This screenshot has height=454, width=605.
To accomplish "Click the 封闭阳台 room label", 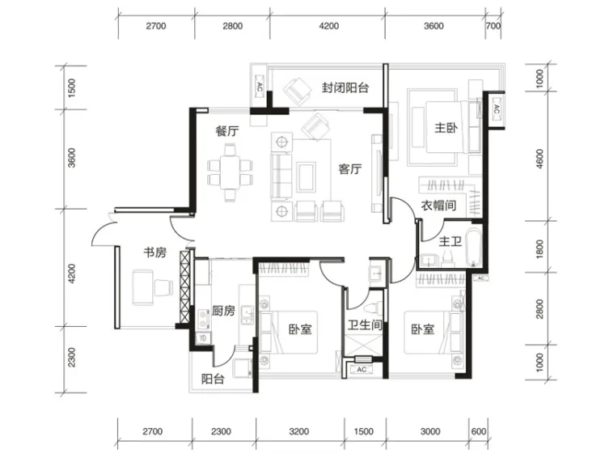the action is [x=345, y=88].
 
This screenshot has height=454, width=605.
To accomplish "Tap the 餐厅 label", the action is [x=226, y=131].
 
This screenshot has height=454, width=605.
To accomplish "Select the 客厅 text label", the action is [x=350, y=169].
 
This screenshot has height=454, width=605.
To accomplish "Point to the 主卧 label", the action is [x=446, y=128].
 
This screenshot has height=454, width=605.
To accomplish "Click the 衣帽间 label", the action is [x=438, y=206].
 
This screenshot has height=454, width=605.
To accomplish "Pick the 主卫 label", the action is [x=450, y=242].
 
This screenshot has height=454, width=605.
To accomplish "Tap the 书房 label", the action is [x=154, y=252].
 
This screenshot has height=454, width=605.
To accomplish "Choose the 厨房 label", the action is [x=223, y=311].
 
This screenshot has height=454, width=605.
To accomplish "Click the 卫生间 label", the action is [x=365, y=325].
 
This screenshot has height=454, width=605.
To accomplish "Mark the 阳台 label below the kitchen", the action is [x=213, y=379].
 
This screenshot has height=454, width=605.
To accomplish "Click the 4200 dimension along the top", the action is [x=329, y=26].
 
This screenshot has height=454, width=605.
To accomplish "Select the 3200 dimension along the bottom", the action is [x=298, y=431].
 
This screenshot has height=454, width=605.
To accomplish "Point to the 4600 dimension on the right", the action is [x=539, y=159].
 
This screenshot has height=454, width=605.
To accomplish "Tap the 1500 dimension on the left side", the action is [x=72, y=88].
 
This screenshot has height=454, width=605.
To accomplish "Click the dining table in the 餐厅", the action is [x=230, y=172].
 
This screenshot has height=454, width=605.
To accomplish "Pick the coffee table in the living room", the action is [x=307, y=176].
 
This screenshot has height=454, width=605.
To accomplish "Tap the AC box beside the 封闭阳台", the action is [x=259, y=87].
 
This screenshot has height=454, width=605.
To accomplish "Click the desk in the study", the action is [x=143, y=287].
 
